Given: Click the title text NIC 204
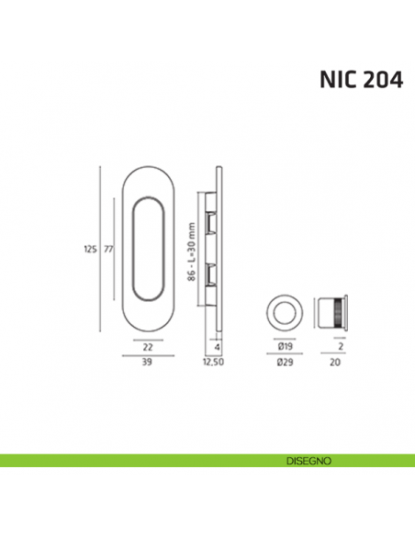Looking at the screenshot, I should pos(360,80).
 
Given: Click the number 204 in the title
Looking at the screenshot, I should pos(379,80).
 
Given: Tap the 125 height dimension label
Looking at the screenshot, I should pos(90,249).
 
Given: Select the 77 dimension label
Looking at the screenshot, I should pos(107,249).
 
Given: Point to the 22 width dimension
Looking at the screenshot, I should pos(147,346).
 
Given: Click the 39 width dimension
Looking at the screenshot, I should pos(147,363).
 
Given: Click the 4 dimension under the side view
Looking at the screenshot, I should pos(216,346).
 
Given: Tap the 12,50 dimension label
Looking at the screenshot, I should pos(215,363).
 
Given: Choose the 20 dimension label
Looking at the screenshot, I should pos(336,363).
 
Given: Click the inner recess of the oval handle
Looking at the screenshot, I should pos(147,249).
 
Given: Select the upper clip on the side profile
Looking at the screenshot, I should pos(212,221).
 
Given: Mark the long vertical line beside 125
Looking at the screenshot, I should pos(100,249).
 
